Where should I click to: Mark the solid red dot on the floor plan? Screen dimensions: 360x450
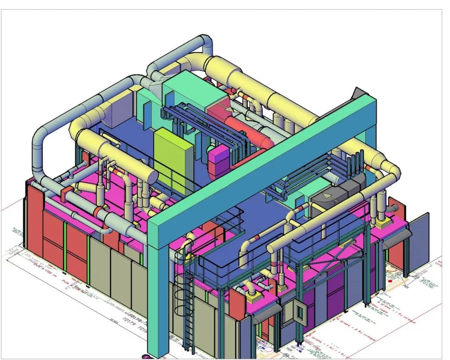(390, 280)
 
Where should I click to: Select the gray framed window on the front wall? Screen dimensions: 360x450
(301, 313)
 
